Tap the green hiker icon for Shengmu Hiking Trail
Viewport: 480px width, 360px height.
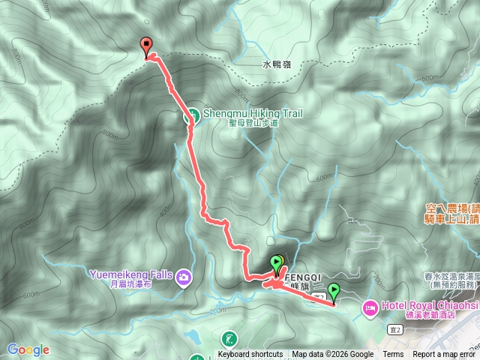point(192,115)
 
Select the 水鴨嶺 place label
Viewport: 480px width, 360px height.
point(277,65)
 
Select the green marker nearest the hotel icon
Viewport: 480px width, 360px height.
point(333,291)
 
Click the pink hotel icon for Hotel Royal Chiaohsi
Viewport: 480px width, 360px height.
point(370,307)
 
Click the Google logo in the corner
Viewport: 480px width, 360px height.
point(28,349)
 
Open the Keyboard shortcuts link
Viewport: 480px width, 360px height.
point(250,355)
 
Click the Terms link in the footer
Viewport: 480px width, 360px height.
point(393,355)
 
